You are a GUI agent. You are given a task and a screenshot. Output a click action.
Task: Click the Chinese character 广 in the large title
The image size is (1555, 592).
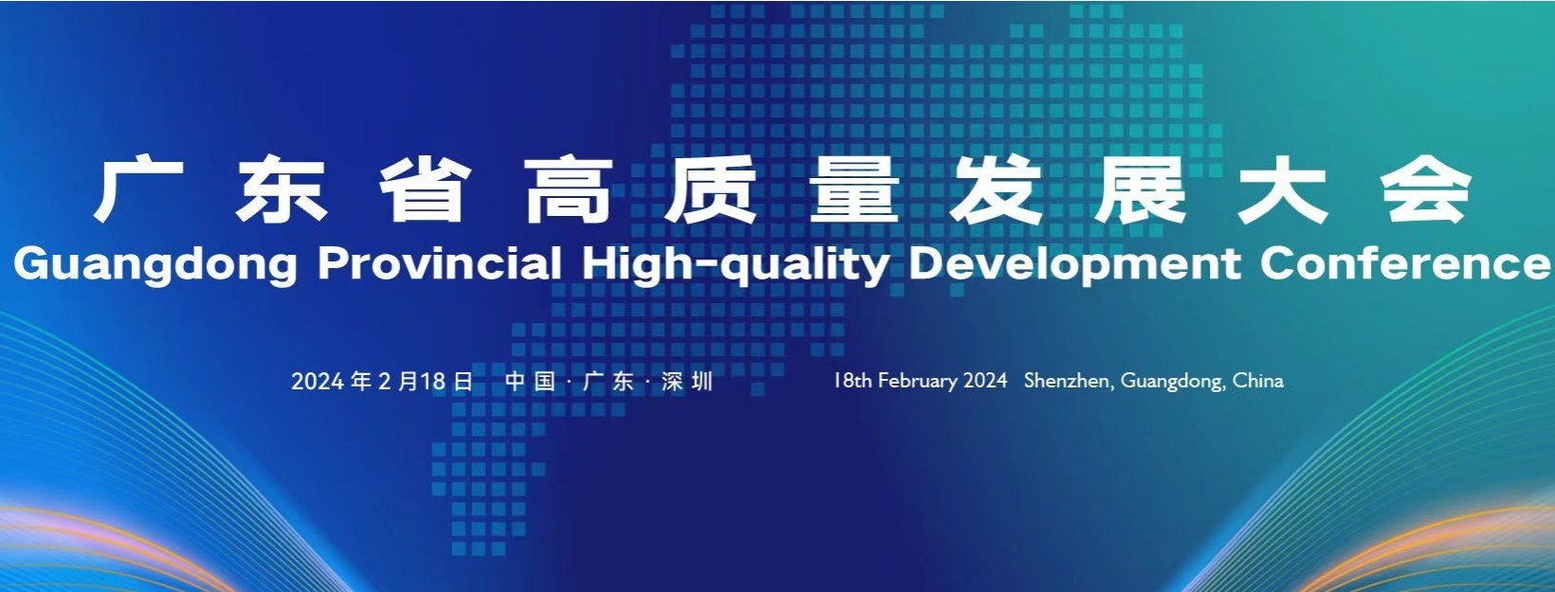[x=137, y=191]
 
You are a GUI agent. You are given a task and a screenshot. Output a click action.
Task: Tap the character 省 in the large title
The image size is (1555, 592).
[x=425, y=191]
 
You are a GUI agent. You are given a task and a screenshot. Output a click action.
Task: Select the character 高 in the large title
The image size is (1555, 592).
[x=568, y=191]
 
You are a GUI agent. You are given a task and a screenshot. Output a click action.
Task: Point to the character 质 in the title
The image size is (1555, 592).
[x=711, y=191]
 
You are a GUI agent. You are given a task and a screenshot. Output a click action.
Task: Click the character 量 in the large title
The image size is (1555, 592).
[x=854, y=191]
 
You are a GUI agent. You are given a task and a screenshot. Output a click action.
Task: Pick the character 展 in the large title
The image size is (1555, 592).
[x=1141, y=191]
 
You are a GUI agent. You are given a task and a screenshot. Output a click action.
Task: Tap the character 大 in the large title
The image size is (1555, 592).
[x=1284, y=191]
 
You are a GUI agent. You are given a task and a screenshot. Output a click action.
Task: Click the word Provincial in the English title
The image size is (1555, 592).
[x=439, y=263]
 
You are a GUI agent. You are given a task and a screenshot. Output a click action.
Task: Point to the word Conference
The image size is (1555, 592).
[x=1406, y=263]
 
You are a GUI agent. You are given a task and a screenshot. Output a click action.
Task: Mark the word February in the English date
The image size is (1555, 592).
[x=918, y=381]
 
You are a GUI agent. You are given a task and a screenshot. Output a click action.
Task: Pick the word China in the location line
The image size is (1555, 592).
[x=1257, y=381]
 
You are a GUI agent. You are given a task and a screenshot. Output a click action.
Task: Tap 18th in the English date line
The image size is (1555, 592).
[x=852, y=381]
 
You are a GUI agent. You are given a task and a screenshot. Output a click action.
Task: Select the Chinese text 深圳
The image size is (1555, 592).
[x=686, y=382]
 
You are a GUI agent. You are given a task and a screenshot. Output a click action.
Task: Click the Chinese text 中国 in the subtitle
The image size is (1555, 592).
[x=530, y=382]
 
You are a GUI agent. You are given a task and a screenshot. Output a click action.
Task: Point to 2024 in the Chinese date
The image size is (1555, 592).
[x=318, y=382]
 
